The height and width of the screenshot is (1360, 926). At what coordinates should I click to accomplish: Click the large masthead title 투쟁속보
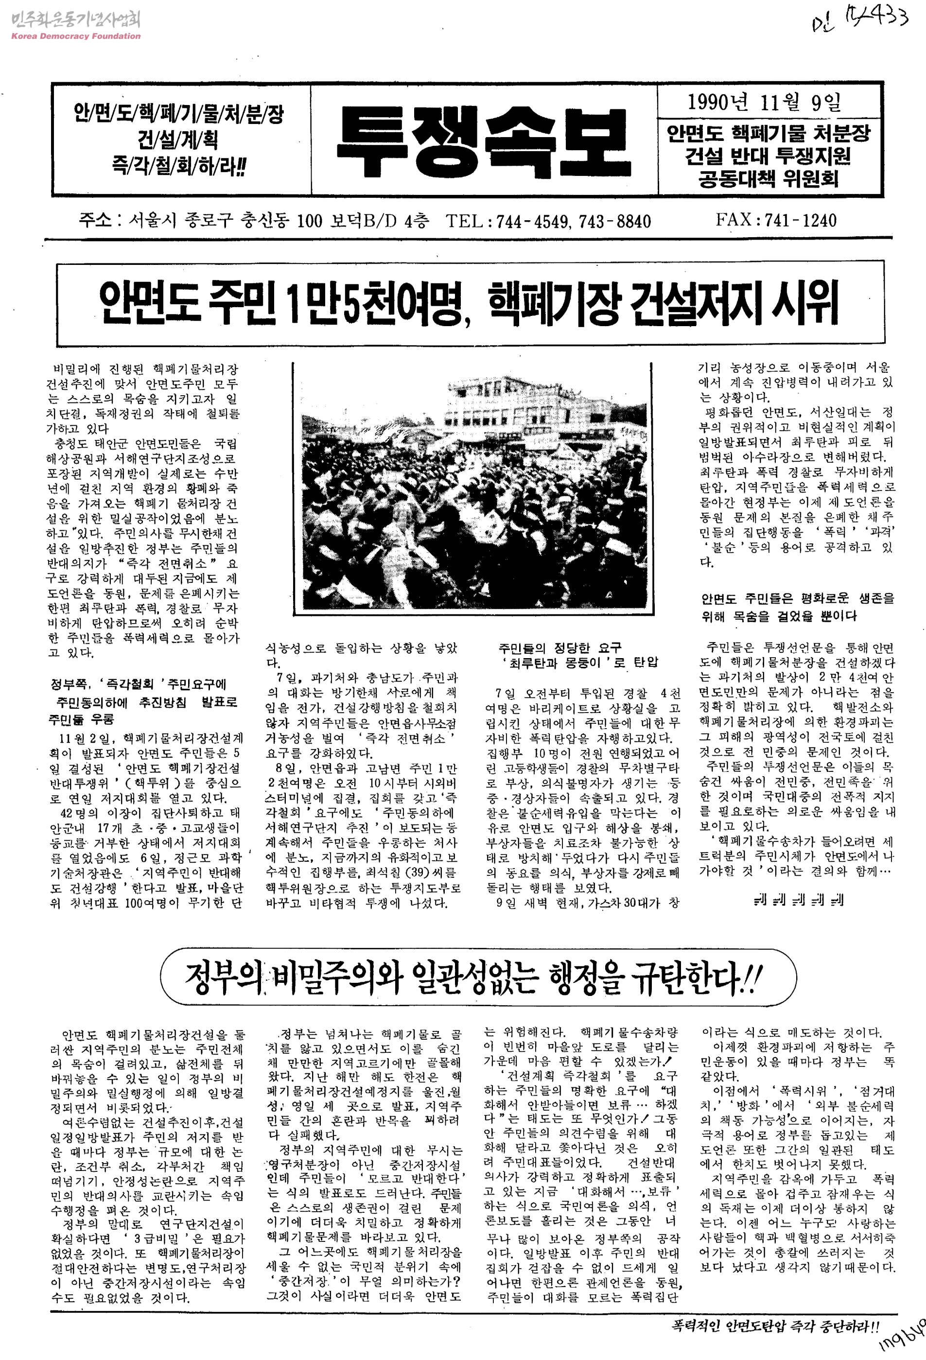(x=484, y=140)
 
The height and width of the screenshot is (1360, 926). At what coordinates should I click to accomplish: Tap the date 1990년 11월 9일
(x=764, y=103)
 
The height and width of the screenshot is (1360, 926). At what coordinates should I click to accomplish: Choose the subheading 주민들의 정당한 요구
(x=559, y=648)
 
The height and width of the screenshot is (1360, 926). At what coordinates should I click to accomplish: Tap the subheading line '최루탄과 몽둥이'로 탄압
(x=579, y=663)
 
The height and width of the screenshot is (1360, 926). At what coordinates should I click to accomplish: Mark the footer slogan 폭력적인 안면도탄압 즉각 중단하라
(x=774, y=1325)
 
